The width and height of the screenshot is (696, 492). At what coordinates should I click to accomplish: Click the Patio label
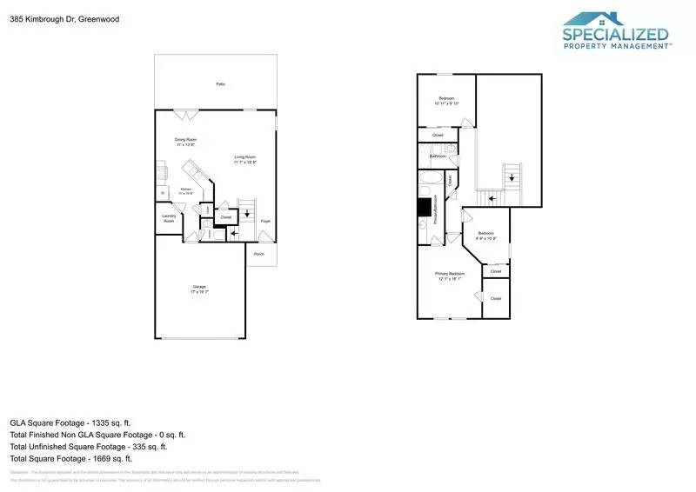coord(221,84)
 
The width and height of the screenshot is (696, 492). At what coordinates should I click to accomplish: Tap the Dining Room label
coord(185,139)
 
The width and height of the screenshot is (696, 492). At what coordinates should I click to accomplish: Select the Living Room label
coord(244,157)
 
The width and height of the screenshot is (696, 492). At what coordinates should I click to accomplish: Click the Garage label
coord(199,287)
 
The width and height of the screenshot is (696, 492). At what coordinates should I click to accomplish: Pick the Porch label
coord(259,253)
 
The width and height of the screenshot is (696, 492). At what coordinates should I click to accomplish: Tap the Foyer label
coord(264,222)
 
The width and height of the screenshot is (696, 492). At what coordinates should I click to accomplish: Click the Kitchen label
coord(185,189)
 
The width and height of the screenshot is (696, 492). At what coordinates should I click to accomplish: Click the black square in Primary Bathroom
coord(425,207)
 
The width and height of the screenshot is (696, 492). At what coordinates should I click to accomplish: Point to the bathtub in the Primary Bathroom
coord(429,184)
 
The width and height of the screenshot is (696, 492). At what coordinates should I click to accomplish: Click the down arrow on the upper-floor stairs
coord(512,176)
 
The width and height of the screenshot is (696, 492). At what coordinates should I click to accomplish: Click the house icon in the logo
coord(603,20)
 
